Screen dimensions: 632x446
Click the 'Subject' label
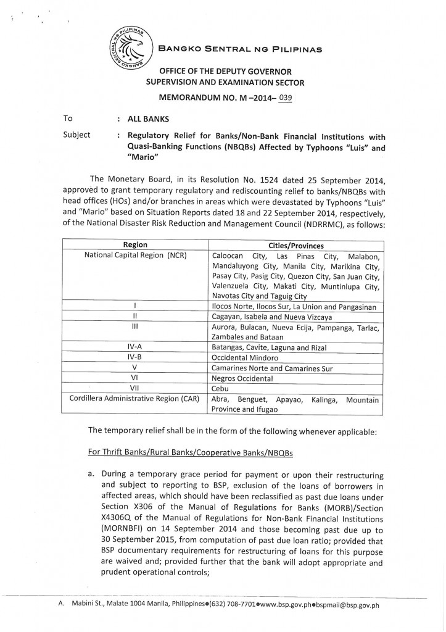77,135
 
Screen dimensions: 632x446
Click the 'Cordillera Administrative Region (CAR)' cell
134,399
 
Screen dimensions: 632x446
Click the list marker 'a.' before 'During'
93,476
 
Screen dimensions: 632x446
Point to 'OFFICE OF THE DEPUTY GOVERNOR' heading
225,72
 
